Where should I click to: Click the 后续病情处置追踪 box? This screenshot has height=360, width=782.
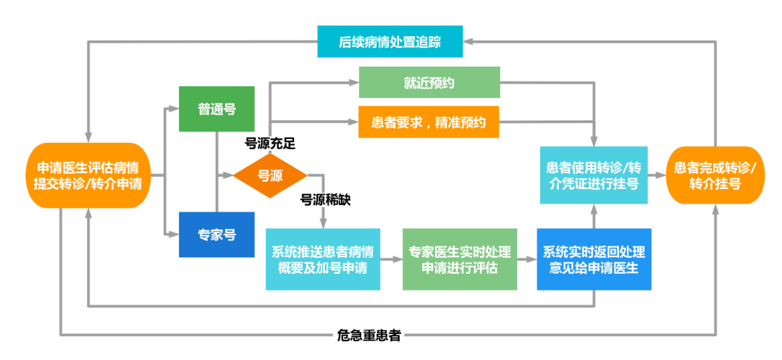(390, 42)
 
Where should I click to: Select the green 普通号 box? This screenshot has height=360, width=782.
(216, 109)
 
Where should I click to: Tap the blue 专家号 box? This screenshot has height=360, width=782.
(216, 235)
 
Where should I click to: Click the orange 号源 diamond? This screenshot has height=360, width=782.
(270, 175)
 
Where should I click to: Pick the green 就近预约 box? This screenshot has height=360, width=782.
(429, 83)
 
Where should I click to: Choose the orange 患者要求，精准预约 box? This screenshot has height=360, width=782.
(429, 122)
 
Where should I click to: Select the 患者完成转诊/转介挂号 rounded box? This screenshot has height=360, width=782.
(715, 175)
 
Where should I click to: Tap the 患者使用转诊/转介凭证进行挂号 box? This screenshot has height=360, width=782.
(593, 175)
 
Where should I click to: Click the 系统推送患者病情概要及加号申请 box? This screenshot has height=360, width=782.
(323, 259)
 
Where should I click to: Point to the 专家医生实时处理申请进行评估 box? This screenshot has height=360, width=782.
(460, 259)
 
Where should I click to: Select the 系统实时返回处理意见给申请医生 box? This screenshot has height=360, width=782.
(594, 259)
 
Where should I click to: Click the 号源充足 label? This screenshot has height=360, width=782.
(269, 143)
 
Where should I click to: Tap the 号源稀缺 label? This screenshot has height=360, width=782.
(325, 200)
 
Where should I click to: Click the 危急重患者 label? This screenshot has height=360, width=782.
(369, 335)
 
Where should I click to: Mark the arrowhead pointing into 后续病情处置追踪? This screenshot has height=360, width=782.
(468, 42)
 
